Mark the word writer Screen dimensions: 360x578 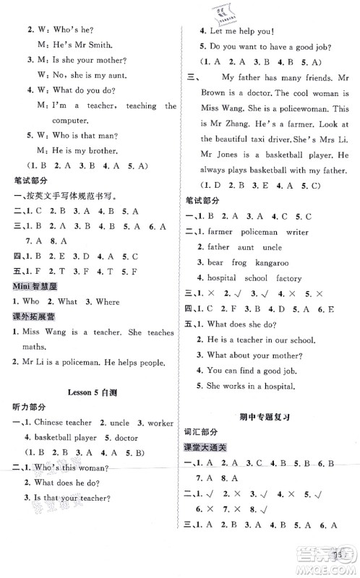[297, 233]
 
